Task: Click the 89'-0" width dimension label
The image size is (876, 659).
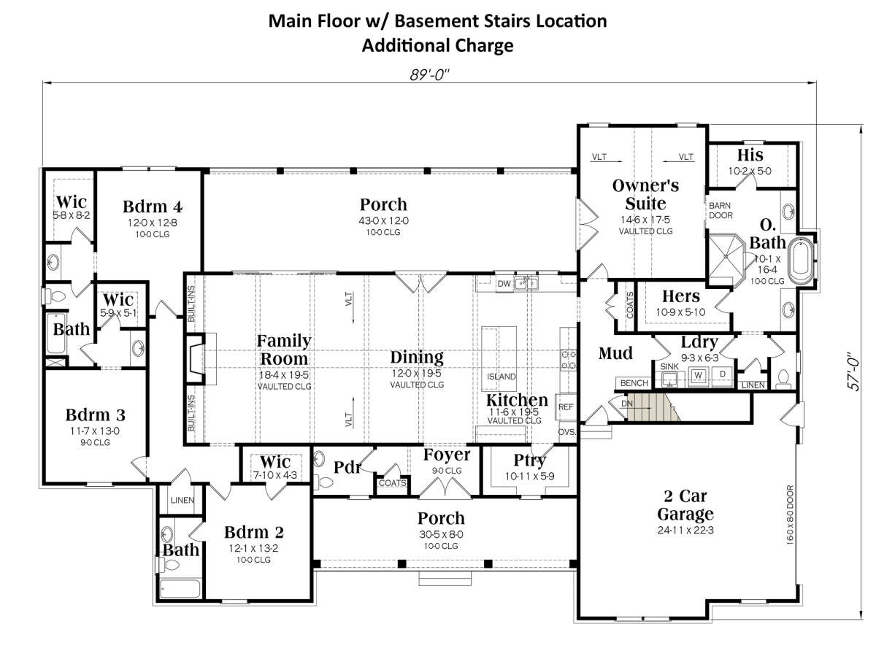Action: tap(429, 74)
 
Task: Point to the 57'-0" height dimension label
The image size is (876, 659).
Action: tap(854, 371)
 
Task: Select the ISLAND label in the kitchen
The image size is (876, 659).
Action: tap(501, 376)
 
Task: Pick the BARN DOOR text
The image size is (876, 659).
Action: tap(721, 210)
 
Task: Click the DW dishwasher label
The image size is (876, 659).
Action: tap(504, 283)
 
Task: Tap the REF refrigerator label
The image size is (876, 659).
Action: tap(566, 406)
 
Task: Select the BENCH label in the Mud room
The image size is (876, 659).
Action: tap(634, 383)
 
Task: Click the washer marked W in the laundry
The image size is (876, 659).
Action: tap(698, 375)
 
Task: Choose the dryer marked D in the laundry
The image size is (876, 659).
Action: tap(723, 374)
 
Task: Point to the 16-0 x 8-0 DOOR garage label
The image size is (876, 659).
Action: tap(790, 515)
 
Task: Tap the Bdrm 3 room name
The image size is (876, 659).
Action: tap(96, 415)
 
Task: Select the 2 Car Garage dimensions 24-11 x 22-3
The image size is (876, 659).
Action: tap(685, 530)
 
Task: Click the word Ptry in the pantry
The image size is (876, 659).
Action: tap(529, 460)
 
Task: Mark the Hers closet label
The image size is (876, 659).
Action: tap(681, 296)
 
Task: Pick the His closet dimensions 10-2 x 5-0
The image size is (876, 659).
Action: tap(750, 171)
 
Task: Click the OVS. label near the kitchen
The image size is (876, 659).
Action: tap(566, 431)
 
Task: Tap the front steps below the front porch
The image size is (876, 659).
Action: tap(445, 579)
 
